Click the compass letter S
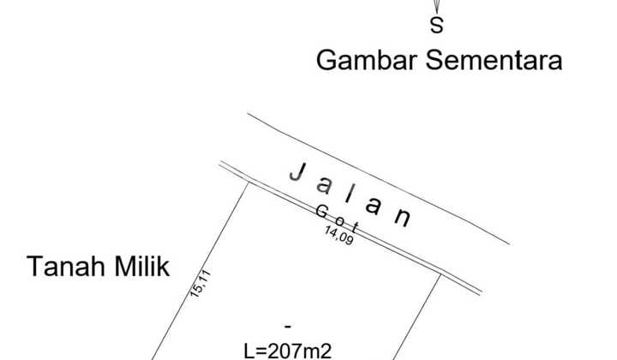437,26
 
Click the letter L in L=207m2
249,351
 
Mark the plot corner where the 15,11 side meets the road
248,182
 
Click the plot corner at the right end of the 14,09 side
440,274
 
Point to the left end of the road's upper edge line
249,114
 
